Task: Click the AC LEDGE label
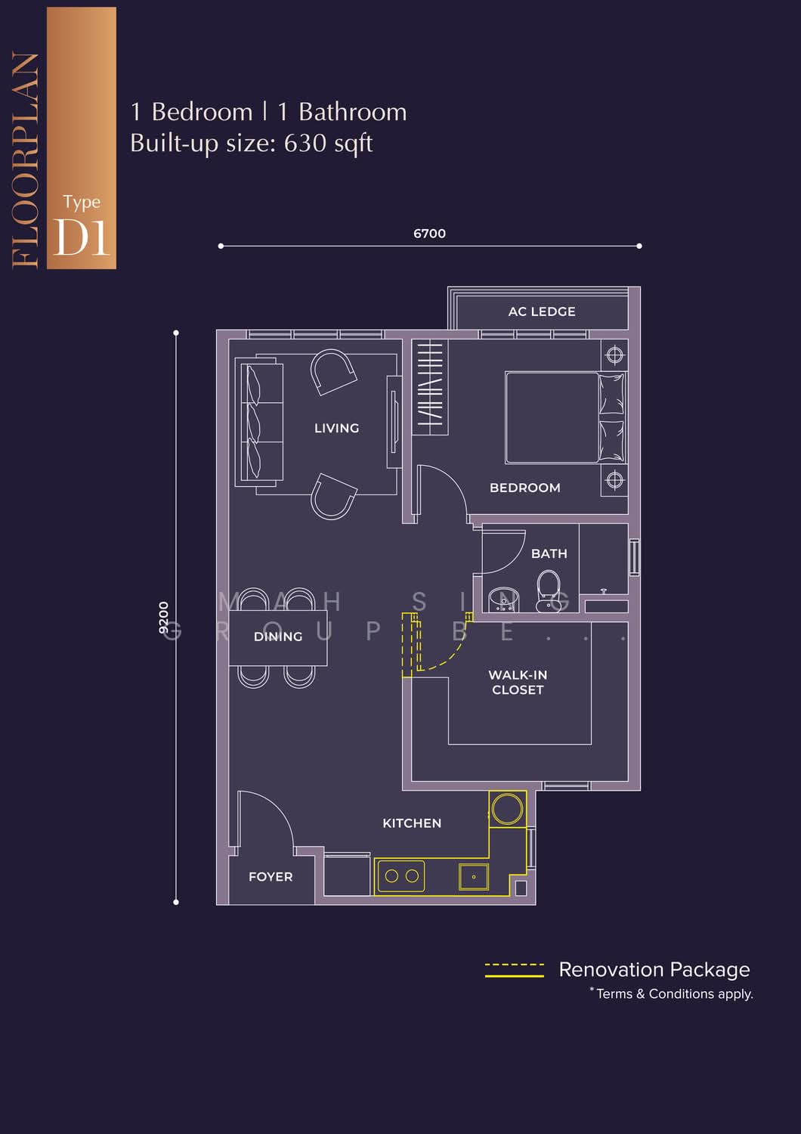tap(541, 311)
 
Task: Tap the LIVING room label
tap(336, 429)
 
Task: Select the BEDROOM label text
tap(524, 488)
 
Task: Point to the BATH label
tap(549, 554)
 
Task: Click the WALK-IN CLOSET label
tap(518, 683)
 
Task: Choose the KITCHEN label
tap(412, 823)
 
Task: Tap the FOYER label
tap(271, 877)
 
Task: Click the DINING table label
tap(278, 637)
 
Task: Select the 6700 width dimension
tap(430, 234)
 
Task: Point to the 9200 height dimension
tap(163, 618)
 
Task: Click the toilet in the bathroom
tap(548, 591)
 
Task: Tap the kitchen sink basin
tap(474, 877)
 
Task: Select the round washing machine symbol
tap(508, 809)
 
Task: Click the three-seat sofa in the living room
tap(259, 421)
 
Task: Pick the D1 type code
tap(81, 237)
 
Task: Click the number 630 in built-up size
tap(305, 144)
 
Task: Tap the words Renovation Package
tap(654, 970)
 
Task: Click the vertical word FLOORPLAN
tap(25, 159)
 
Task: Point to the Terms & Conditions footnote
tap(672, 994)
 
